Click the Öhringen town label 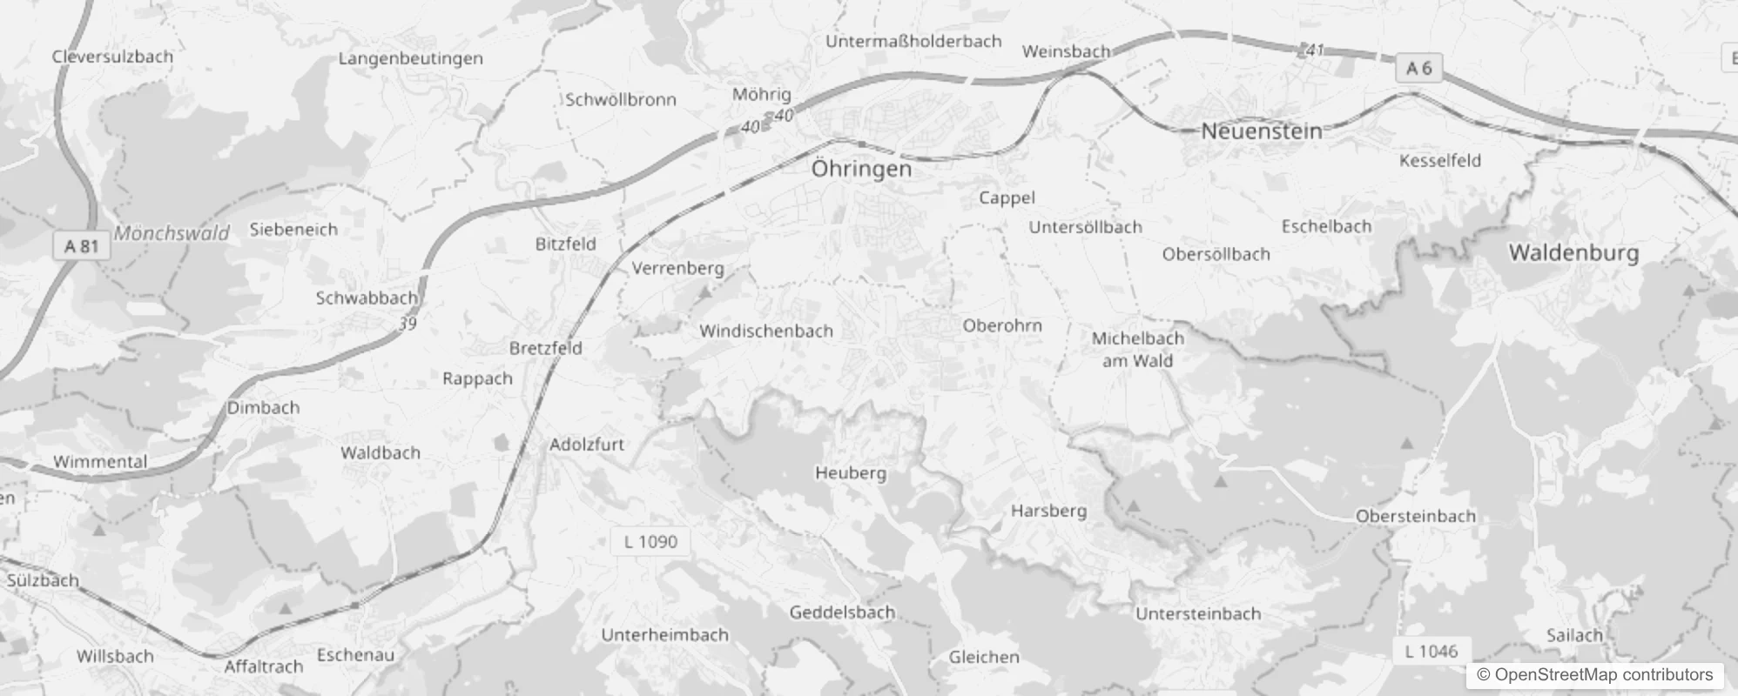[861, 169]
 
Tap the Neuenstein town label [1261, 131]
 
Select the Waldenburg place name [1573, 253]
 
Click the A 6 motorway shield [1418, 68]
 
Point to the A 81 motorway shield [82, 246]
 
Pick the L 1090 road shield [650, 542]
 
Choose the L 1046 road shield [1431, 651]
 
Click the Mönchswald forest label [172, 233]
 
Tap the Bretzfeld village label [545, 348]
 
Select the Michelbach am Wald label [1137, 349]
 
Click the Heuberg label [850, 473]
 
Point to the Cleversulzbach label [112, 57]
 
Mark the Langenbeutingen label [410, 58]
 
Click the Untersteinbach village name [1197, 613]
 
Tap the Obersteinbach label [1415, 516]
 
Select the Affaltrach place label [263, 666]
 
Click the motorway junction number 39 [408, 324]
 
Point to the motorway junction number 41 [1315, 50]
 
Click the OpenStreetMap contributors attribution [1594, 674]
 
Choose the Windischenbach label [765, 331]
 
